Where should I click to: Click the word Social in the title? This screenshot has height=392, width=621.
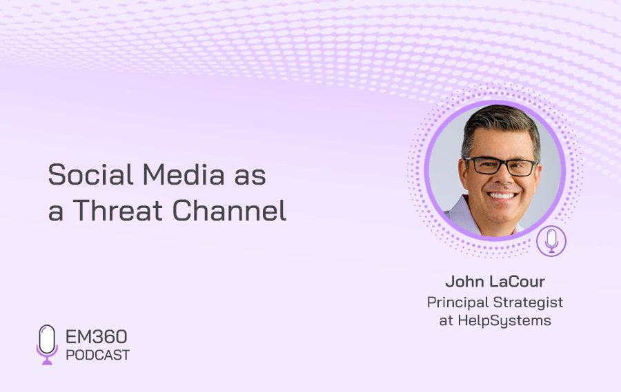pyautogui.click(x=90, y=174)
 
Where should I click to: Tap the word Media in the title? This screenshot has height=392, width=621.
pyautogui.click(x=184, y=174)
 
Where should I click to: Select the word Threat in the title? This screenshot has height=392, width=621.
pyautogui.click(x=118, y=210)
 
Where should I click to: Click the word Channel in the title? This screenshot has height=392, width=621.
pyautogui.click(x=229, y=210)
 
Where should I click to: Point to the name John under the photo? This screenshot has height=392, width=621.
pyautogui.click(x=464, y=282)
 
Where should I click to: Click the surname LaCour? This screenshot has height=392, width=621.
pyautogui.click(x=516, y=282)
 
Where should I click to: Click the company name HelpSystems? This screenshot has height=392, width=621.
pyautogui.click(x=504, y=321)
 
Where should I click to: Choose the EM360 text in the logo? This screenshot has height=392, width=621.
pyautogui.click(x=96, y=337)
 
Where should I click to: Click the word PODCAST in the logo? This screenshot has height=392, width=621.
pyautogui.click(x=97, y=355)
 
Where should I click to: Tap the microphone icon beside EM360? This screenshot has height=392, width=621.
pyautogui.click(x=47, y=344)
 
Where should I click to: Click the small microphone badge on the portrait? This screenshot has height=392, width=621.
pyautogui.click(x=551, y=241)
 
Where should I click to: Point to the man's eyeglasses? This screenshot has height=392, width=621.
pyautogui.click(x=502, y=166)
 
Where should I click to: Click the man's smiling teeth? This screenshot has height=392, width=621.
pyautogui.click(x=502, y=196)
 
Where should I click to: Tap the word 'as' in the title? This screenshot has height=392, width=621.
pyautogui.click(x=250, y=177)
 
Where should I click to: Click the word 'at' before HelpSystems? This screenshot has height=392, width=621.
pyautogui.click(x=446, y=321)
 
